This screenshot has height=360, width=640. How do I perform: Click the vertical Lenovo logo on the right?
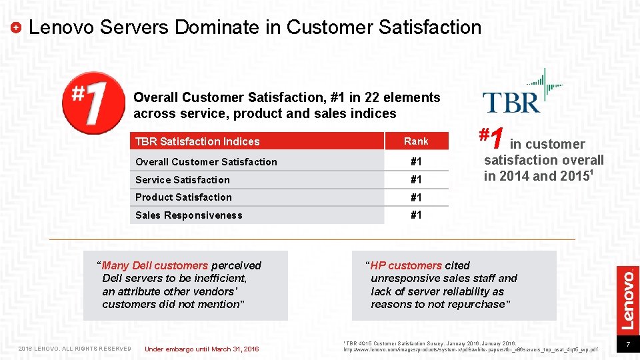(627, 298)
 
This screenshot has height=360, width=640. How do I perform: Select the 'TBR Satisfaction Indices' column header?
(197, 141)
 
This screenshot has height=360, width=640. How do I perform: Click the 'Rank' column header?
(416, 141)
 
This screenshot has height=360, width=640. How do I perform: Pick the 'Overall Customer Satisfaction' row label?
(206, 162)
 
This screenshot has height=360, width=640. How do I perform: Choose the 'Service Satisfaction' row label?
(182, 180)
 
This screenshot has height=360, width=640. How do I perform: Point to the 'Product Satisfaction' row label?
(183, 197)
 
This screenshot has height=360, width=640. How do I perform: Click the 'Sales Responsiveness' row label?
(189, 215)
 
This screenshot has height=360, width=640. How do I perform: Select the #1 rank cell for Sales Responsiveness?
(416, 215)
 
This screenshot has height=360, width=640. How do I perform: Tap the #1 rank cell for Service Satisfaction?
(416, 180)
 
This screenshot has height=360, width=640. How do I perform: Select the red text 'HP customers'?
(406, 265)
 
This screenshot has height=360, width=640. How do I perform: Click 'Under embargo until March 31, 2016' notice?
(201, 349)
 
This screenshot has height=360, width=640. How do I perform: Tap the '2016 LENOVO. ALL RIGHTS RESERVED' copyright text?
(75, 349)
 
